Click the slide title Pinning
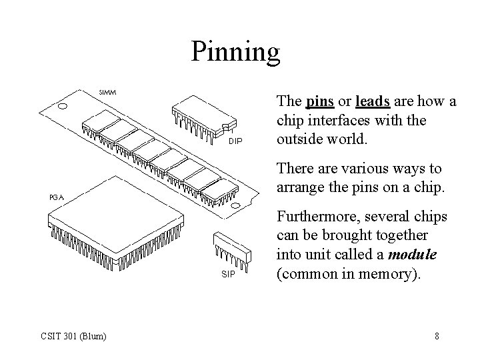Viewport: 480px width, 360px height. pyautogui.click(x=236, y=51)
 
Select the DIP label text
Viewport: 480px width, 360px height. pyautogui.click(x=235, y=141)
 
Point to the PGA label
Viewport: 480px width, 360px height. pyautogui.click(x=56, y=197)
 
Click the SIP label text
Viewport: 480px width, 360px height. pyautogui.click(x=228, y=273)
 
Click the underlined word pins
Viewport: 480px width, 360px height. pyautogui.click(x=320, y=102)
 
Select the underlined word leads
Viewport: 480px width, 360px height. pyautogui.click(x=373, y=102)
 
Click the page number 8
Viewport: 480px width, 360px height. pyautogui.click(x=437, y=335)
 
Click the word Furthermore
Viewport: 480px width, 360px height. pyautogui.click(x=316, y=218)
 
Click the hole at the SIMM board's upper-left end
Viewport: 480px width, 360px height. pyautogui.click(x=63, y=105)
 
